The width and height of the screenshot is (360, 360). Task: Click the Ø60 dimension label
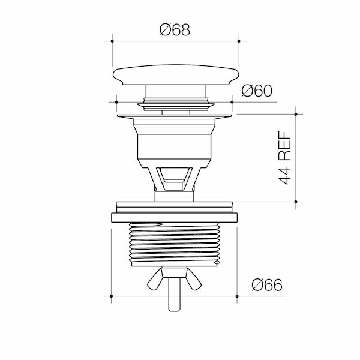pos(257,91)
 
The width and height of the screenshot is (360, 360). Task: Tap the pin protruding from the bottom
pos(176,300)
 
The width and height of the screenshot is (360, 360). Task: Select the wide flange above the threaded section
pos(175,217)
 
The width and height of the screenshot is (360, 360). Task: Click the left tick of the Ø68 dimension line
pos(113,41)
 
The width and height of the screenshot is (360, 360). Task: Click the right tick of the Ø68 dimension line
pos(239,41)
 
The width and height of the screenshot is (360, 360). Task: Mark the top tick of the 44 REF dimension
pos(296,113)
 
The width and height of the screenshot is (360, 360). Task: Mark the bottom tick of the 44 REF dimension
pos(296,202)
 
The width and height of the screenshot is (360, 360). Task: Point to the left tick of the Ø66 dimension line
pos(112,296)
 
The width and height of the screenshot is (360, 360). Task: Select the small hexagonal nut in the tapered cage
pos(175,178)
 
